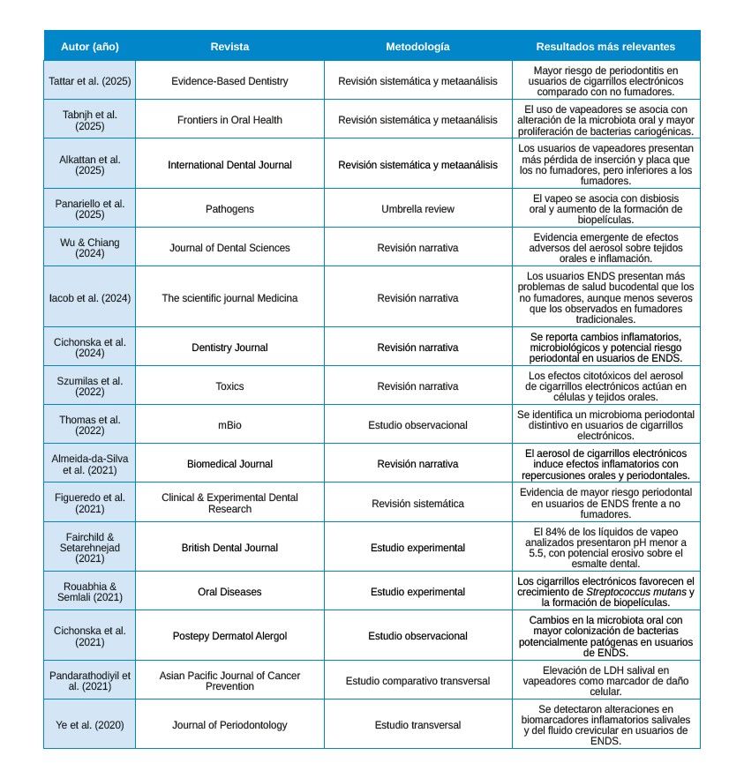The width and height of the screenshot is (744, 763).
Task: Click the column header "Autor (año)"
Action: [x=89, y=46]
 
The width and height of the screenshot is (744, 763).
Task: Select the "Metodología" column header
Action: [x=417, y=46]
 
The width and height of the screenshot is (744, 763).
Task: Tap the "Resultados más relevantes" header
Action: [x=605, y=46]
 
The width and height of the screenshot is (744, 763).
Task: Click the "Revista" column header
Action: [x=229, y=46]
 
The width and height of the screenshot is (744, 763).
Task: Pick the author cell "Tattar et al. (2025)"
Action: [x=89, y=81]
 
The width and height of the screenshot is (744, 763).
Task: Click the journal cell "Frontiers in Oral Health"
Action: [x=229, y=120]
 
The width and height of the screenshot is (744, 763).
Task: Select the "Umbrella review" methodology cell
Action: [x=417, y=209]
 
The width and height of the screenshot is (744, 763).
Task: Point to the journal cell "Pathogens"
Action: [x=229, y=209]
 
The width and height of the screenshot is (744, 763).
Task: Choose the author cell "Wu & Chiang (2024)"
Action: [x=89, y=248]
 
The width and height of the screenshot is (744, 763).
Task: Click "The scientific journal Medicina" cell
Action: [x=229, y=298]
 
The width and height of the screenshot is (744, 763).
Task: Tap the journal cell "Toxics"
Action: [x=229, y=386]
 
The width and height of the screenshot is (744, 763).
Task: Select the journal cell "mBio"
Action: [x=229, y=425]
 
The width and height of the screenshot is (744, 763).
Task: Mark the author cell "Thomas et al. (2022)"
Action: [x=89, y=425]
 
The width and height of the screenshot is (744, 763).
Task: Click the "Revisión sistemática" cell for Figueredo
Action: [x=417, y=504]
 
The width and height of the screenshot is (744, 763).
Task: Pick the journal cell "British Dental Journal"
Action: [x=229, y=548]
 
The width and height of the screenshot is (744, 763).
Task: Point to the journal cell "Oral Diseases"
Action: [x=229, y=592]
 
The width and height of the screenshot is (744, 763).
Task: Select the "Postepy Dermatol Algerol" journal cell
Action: [x=229, y=636]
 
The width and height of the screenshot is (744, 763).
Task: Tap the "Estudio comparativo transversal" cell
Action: [x=417, y=681]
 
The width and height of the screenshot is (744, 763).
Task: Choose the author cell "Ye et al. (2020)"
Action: [x=89, y=725]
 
